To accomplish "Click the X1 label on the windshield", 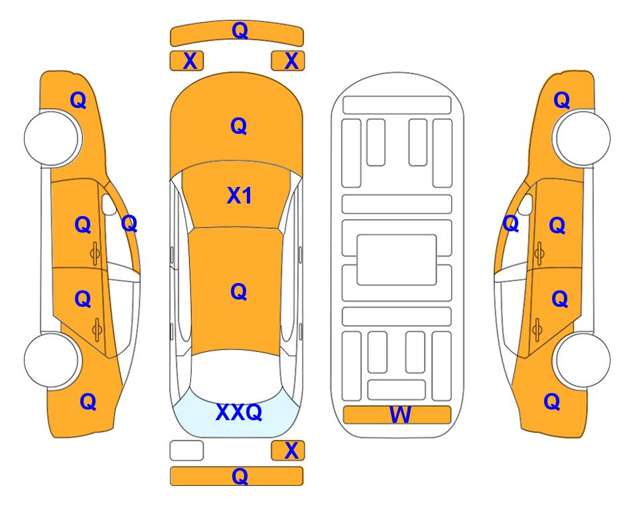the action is pos(240,196).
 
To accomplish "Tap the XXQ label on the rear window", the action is pos(239,412).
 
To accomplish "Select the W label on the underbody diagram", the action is pos(399,415).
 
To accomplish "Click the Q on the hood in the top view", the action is pos(239,126).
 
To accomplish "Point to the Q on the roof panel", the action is pos(239,292).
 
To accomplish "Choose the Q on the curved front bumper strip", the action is pos(240,30).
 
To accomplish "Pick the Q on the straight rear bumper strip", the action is pos(240,476).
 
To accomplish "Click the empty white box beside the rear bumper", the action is pos(186,451).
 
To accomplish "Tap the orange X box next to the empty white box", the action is pos(288,451).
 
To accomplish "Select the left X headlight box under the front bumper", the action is pos(186,61).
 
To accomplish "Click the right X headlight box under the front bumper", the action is pos(288,61).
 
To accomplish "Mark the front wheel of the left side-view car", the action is pos(53,139).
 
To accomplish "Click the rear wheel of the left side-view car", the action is pos(53,361).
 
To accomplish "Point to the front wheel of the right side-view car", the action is pos(581,139).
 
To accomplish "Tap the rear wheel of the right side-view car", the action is pos(581,361).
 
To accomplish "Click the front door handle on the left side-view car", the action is pos(96,253).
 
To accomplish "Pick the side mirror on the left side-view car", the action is pos(109,205).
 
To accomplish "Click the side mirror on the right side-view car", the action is pos(526,205).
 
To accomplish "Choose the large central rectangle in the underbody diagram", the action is pos(397,260).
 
